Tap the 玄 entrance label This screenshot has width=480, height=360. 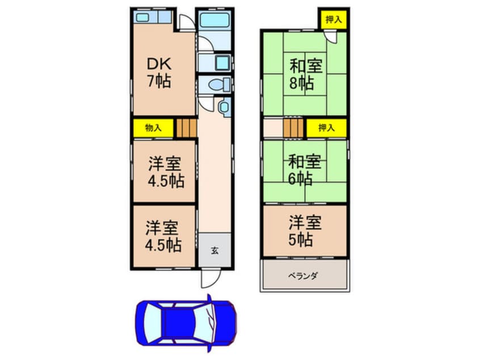pos(215,250)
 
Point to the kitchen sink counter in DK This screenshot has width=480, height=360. pos(153,17)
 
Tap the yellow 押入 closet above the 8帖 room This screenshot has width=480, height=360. pos(333,20)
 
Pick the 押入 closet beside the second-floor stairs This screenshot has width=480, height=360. pos(326,128)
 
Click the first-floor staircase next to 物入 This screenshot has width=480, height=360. pos(186,128)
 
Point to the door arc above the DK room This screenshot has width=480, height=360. pos(186,23)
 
